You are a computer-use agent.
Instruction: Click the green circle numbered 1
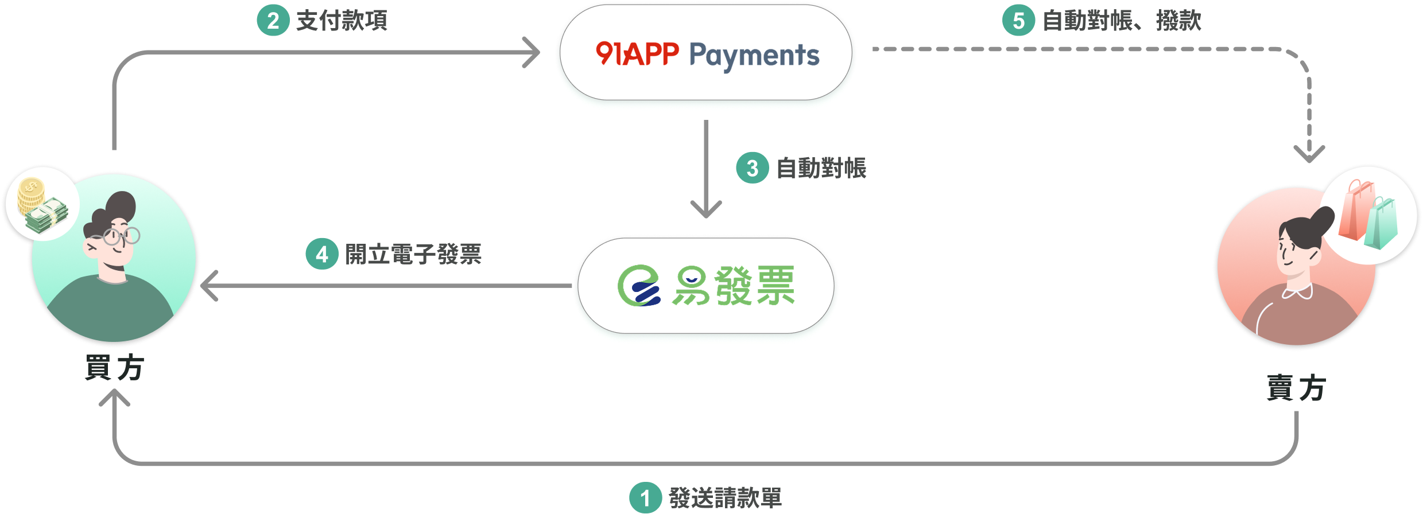[645, 498]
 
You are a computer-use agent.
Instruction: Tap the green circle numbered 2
[273, 21]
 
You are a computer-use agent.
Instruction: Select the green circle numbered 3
[752, 168]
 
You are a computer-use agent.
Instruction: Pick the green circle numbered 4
[321, 254]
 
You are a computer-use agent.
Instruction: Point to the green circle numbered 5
[1018, 21]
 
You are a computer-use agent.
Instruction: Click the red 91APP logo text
[637, 54]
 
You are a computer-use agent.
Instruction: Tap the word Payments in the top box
[754, 56]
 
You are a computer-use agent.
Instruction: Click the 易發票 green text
[734, 285]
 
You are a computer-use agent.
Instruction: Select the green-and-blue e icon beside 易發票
[638, 285]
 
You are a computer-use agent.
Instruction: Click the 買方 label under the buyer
[114, 368]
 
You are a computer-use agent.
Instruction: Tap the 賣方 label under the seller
[1296, 388]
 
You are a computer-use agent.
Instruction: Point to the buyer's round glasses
[121, 236]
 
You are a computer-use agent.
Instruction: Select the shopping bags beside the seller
[1367, 215]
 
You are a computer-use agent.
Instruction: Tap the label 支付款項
[342, 21]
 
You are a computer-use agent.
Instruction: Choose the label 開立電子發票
[413, 254]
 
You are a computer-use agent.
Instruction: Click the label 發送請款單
[725, 498]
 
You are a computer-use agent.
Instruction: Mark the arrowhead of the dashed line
[1309, 154]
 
